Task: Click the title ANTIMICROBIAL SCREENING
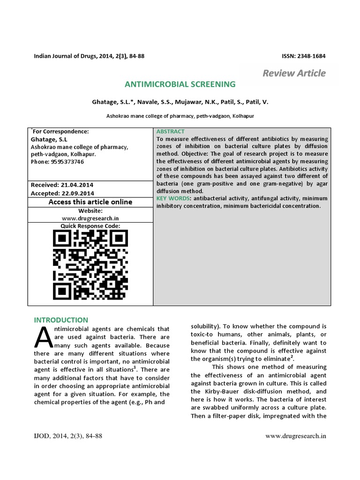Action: pyautogui.click(x=180, y=84)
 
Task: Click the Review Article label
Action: pyautogui.click(x=294, y=73)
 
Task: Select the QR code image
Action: pyautogui.click(x=90, y=265)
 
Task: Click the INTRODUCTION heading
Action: pyautogui.click(x=61, y=320)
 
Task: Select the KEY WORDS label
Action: pyautogui.click(x=173, y=199)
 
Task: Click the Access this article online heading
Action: pyautogui.click(x=90, y=202)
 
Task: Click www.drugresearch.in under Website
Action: pyautogui.click(x=90, y=218)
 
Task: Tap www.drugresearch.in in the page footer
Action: pyautogui.click(x=295, y=436)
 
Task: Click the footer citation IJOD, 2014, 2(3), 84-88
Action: pyautogui.click(x=68, y=436)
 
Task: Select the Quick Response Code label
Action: pyautogui.click(x=90, y=226)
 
